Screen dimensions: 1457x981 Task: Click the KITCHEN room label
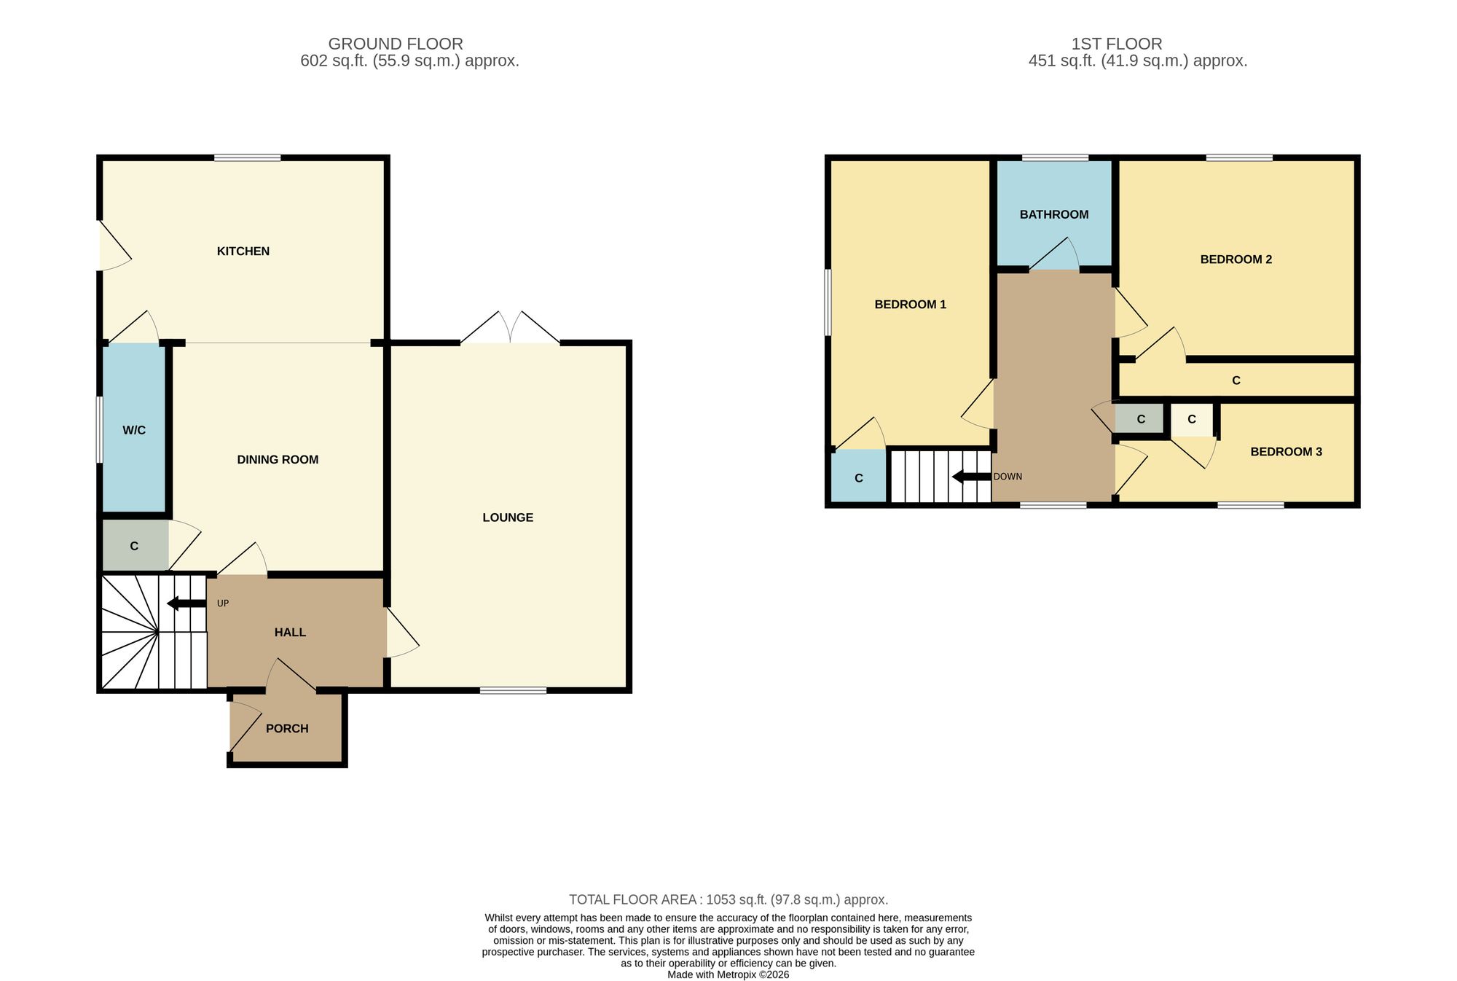(243, 251)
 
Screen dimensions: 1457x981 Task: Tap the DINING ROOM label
(278, 460)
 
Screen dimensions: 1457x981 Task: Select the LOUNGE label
(508, 518)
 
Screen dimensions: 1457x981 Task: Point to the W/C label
(134, 431)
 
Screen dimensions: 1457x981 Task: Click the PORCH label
(287, 729)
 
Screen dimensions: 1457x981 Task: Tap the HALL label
(290, 633)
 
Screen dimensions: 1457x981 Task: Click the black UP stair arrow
(186, 603)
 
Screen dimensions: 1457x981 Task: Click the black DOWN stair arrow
(972, 477)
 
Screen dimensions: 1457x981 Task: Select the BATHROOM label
(1054, 215)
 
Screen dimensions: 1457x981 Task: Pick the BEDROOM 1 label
(911, 305)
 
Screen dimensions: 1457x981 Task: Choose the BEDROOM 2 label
(1236, 259)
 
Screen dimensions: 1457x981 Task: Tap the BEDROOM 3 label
(1287, 452)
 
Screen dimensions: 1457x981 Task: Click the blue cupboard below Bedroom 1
(859, 477)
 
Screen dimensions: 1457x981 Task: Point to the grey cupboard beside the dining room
(135, 546)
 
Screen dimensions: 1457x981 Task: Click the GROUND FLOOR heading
(396, 44)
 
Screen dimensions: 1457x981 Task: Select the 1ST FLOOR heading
(1117, 44)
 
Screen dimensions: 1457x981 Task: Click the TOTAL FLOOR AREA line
(728, 900)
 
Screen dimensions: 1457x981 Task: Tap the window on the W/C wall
(100, 429)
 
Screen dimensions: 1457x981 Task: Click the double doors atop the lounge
(510, 328)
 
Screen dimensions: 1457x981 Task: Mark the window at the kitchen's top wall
(248, 157)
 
